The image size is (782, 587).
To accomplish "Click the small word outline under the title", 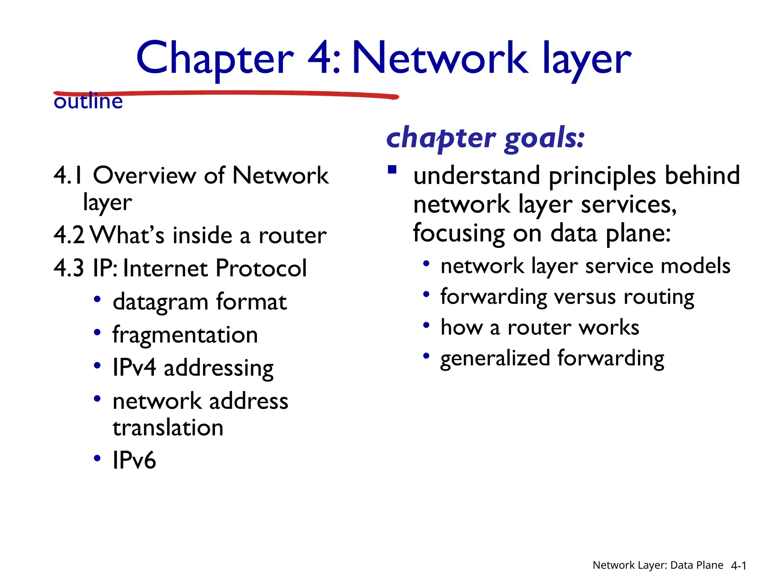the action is (88, 102).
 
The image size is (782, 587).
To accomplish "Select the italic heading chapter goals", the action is (485, 138).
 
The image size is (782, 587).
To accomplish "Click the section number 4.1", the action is (68, 176).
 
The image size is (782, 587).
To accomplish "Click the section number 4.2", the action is (69, 235).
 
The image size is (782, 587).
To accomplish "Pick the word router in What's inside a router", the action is (292, 236).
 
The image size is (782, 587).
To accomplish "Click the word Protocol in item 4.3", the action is (261, 268).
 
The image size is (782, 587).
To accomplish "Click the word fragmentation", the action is (185, 335).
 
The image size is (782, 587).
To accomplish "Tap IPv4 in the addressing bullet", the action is (134, 368).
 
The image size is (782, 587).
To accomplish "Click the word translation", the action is (168, 428).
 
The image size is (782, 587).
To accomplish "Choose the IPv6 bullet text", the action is (134, 460).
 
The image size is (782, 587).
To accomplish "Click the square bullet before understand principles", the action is (392, 169).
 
